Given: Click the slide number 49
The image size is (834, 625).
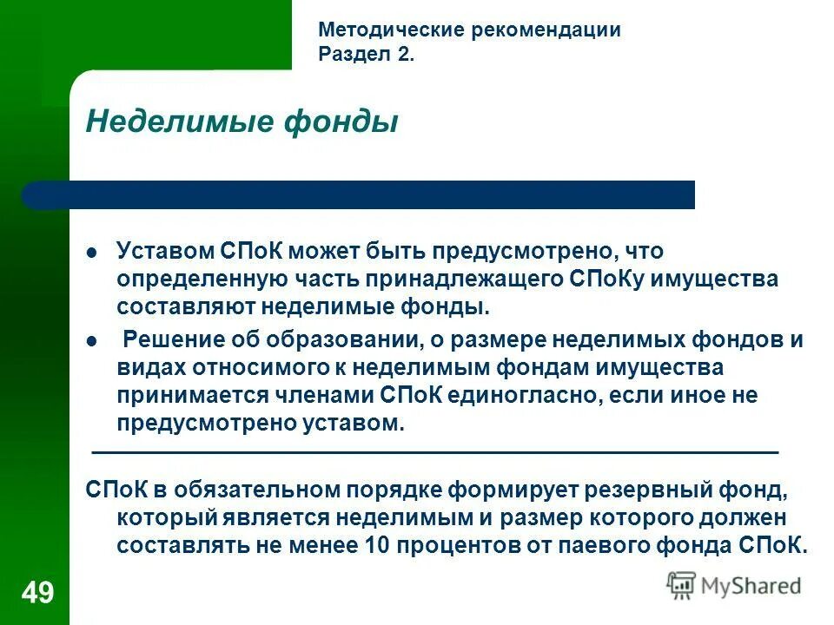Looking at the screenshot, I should tap(37, 594).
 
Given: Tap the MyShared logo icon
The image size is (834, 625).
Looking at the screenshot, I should tap(681, 585).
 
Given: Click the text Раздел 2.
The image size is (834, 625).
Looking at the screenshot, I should tap(367, 56).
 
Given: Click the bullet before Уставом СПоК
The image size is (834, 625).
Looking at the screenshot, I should tap(93, 253).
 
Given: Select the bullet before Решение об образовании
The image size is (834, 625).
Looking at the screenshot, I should tap(93, 341).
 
